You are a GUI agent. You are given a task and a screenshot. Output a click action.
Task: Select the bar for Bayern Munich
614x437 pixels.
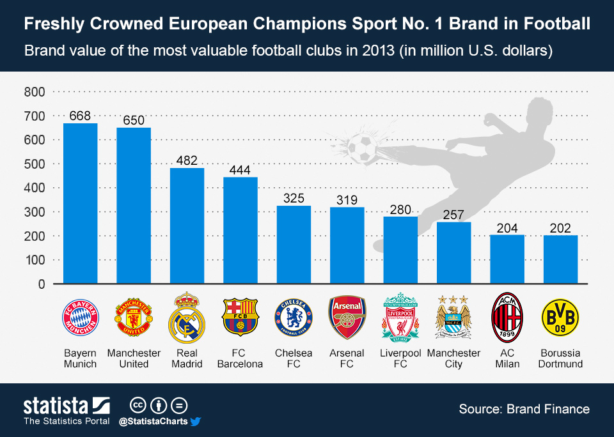(80, 203)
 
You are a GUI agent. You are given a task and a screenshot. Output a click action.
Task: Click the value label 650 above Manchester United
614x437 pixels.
(134, 120)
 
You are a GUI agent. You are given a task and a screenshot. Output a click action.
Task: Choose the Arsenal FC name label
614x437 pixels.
(347, 358)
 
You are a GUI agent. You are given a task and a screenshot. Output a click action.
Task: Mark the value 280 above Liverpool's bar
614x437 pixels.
(400, 209)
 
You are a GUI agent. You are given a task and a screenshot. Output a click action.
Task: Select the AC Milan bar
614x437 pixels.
(507, 259)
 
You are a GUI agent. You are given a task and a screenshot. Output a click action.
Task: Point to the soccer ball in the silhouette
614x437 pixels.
(362, 148)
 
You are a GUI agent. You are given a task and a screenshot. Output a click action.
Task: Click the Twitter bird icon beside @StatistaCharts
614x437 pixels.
(196, 421)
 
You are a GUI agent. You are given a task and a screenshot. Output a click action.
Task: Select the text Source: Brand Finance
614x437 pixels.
(524, 409)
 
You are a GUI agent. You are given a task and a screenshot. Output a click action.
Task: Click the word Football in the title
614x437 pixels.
(553, 25)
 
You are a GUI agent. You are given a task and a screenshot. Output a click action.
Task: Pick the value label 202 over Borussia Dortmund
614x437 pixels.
(560, 228)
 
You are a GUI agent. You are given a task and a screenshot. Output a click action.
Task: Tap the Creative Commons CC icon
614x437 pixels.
(138, 405)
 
